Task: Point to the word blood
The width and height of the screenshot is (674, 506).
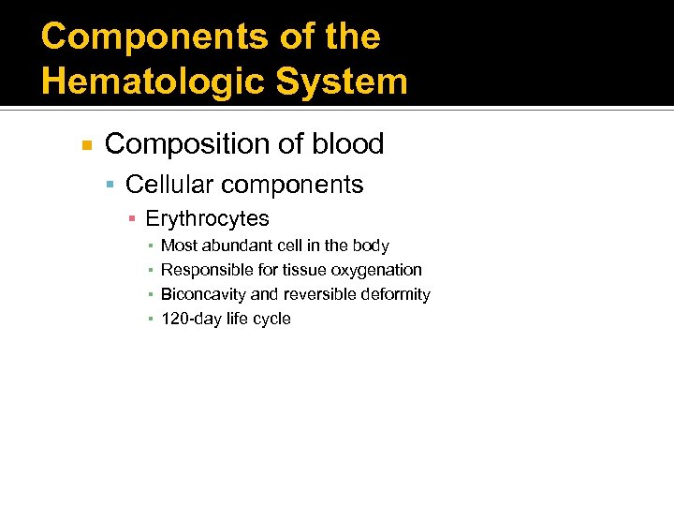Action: click(x=348, y=144)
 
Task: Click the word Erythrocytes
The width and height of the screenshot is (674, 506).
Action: click(x=207, y=219)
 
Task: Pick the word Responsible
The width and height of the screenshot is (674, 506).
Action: click(x=206, y=270)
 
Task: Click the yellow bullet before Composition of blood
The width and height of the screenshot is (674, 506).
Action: click(x=87, y=145)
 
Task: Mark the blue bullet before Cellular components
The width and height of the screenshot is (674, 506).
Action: click(x=110, y=186)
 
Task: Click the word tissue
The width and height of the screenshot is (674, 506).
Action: click(x=296, y=270)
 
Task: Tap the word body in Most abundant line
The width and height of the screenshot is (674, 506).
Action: click(x=372, y=246)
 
